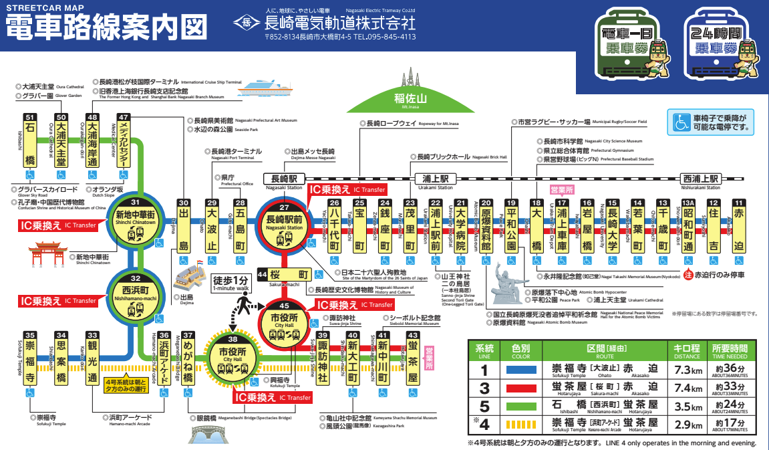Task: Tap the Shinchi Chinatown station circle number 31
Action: point(136,203)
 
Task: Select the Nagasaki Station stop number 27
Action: point(284,207)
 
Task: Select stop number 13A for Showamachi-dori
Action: point(688,203)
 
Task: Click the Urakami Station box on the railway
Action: point(438,179)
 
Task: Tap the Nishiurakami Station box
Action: point(700,179)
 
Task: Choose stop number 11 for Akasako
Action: point(738,203)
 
